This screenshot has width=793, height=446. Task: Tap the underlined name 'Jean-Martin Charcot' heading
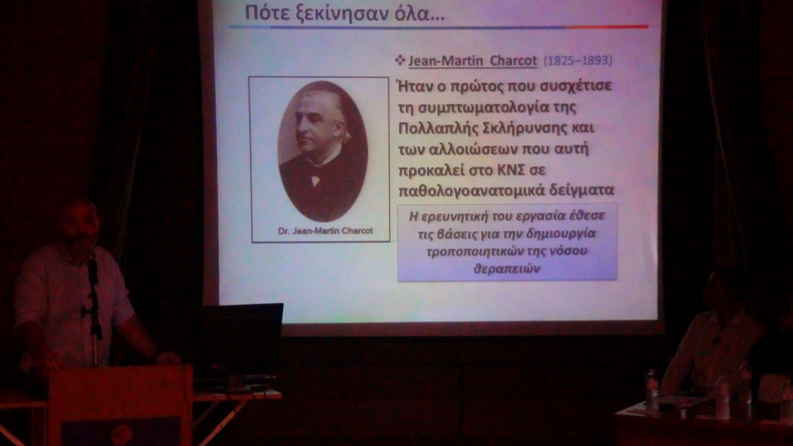pyautogui.click(x=472, y=61)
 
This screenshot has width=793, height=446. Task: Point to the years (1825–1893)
pyautogui.click(x=578, y=61)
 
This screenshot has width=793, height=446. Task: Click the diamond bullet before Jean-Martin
pyautogui.click(x=400, y=60)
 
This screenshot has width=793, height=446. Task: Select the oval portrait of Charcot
pyautogui.click(x=322, y=151)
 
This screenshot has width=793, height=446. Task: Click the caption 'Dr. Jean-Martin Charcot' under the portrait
pyautogui.click(x=325, y=231)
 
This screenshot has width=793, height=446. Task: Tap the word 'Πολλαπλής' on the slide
pyautogui.click(x=438, y=128)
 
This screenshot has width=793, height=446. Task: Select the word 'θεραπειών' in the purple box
pyautogui.click(x=507, y=269)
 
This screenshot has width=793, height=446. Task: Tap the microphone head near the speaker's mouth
pyautogui.click(x=92, y=256)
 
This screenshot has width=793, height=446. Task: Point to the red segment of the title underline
pyautogui.click(x=607, y=27)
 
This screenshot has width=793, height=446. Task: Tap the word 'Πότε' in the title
pyautogui.click(x=260, y=13)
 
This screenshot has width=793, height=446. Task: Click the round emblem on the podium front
pyautogui.click(x=122, y=434)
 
